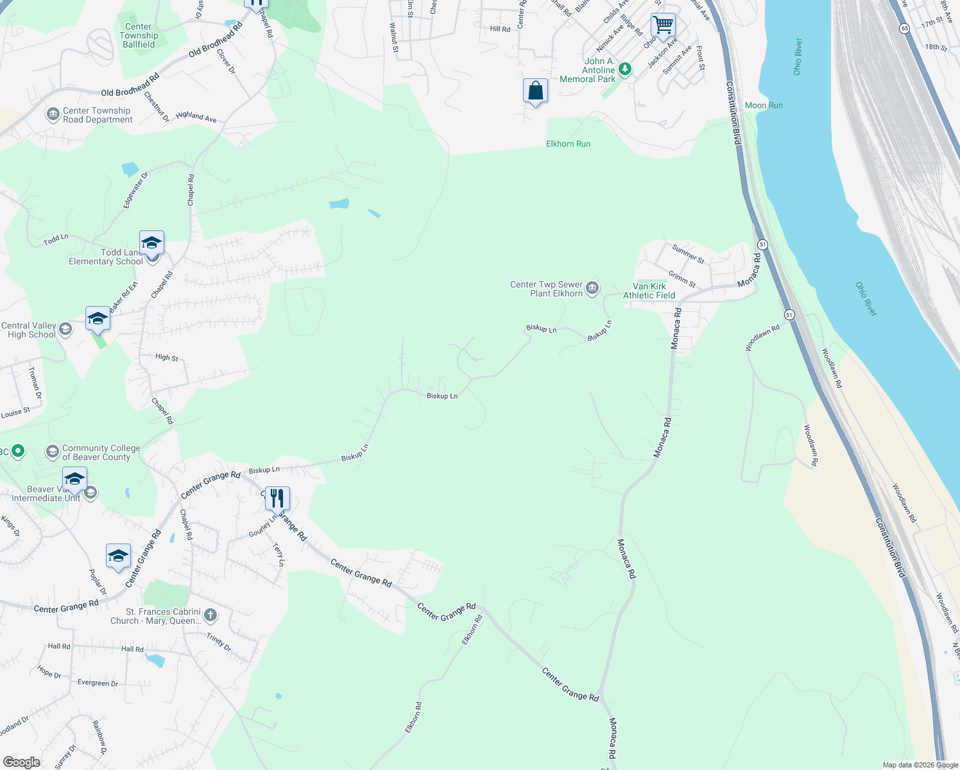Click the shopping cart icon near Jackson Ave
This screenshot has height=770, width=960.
(663, 26)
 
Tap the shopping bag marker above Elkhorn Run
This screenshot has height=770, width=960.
(535, 91)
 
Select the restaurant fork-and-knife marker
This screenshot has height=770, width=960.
(277, 498)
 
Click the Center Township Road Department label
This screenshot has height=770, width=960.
(98, 115)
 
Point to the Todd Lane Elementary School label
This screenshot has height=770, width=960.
(106, 257)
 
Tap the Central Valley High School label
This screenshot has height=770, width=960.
(29, 330)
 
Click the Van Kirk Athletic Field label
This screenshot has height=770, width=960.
(649, 291)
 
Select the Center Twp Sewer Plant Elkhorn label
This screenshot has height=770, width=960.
(546, 289)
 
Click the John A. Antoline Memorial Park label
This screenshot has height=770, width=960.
(588, 70)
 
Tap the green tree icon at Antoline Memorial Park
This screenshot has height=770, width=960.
(625, 69)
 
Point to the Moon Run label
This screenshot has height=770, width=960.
(764, 105)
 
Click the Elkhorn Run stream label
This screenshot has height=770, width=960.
(568, 144)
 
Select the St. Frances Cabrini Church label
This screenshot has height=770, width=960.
(162, 616)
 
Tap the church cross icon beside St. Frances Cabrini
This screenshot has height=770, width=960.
(210, 616)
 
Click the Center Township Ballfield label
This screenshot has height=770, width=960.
(139, 35)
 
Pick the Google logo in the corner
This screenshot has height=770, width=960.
(22, 762)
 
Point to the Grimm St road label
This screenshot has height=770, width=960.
(681, 279)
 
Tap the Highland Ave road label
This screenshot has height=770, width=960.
(196, 116)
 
